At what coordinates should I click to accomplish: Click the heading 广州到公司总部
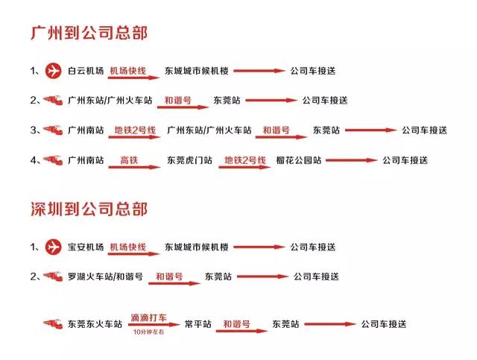point(89,33)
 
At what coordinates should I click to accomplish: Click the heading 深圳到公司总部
point(89,209)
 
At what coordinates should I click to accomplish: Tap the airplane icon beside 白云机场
point(53,71)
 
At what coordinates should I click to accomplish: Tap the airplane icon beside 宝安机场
point(53,247)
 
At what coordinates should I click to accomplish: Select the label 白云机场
point(86,71)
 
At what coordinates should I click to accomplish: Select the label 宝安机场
point(86,247)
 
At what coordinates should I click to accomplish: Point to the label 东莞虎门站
point(189,160)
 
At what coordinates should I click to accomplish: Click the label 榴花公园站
point(299,160)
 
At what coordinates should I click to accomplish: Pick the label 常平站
point(198,324)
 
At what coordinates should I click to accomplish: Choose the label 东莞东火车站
point(95,324)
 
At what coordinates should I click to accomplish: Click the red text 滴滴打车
point(149,318)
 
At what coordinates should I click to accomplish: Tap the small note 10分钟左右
point(149,332)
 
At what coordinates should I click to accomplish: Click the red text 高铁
point(129,160)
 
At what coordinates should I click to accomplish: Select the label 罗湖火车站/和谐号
point(105,277)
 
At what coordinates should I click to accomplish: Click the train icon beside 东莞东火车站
point(53,323)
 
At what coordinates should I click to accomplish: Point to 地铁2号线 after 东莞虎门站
point(245,160)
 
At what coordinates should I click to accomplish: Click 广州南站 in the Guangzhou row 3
point(86,130)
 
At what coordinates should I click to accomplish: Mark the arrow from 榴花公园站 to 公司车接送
point(352,160)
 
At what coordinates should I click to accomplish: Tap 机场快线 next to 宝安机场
point(127,247)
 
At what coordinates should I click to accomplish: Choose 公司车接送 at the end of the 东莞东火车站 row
point(384,324)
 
